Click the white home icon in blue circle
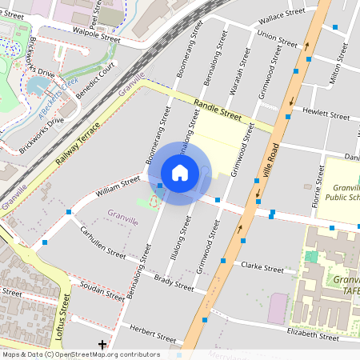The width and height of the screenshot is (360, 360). point(180,173)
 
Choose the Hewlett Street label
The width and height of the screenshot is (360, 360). point(322,114)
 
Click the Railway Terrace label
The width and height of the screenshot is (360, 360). point(78,145)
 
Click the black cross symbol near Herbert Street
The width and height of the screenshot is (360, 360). point(102,345)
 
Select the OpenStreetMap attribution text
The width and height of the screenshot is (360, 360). point(81,354)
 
